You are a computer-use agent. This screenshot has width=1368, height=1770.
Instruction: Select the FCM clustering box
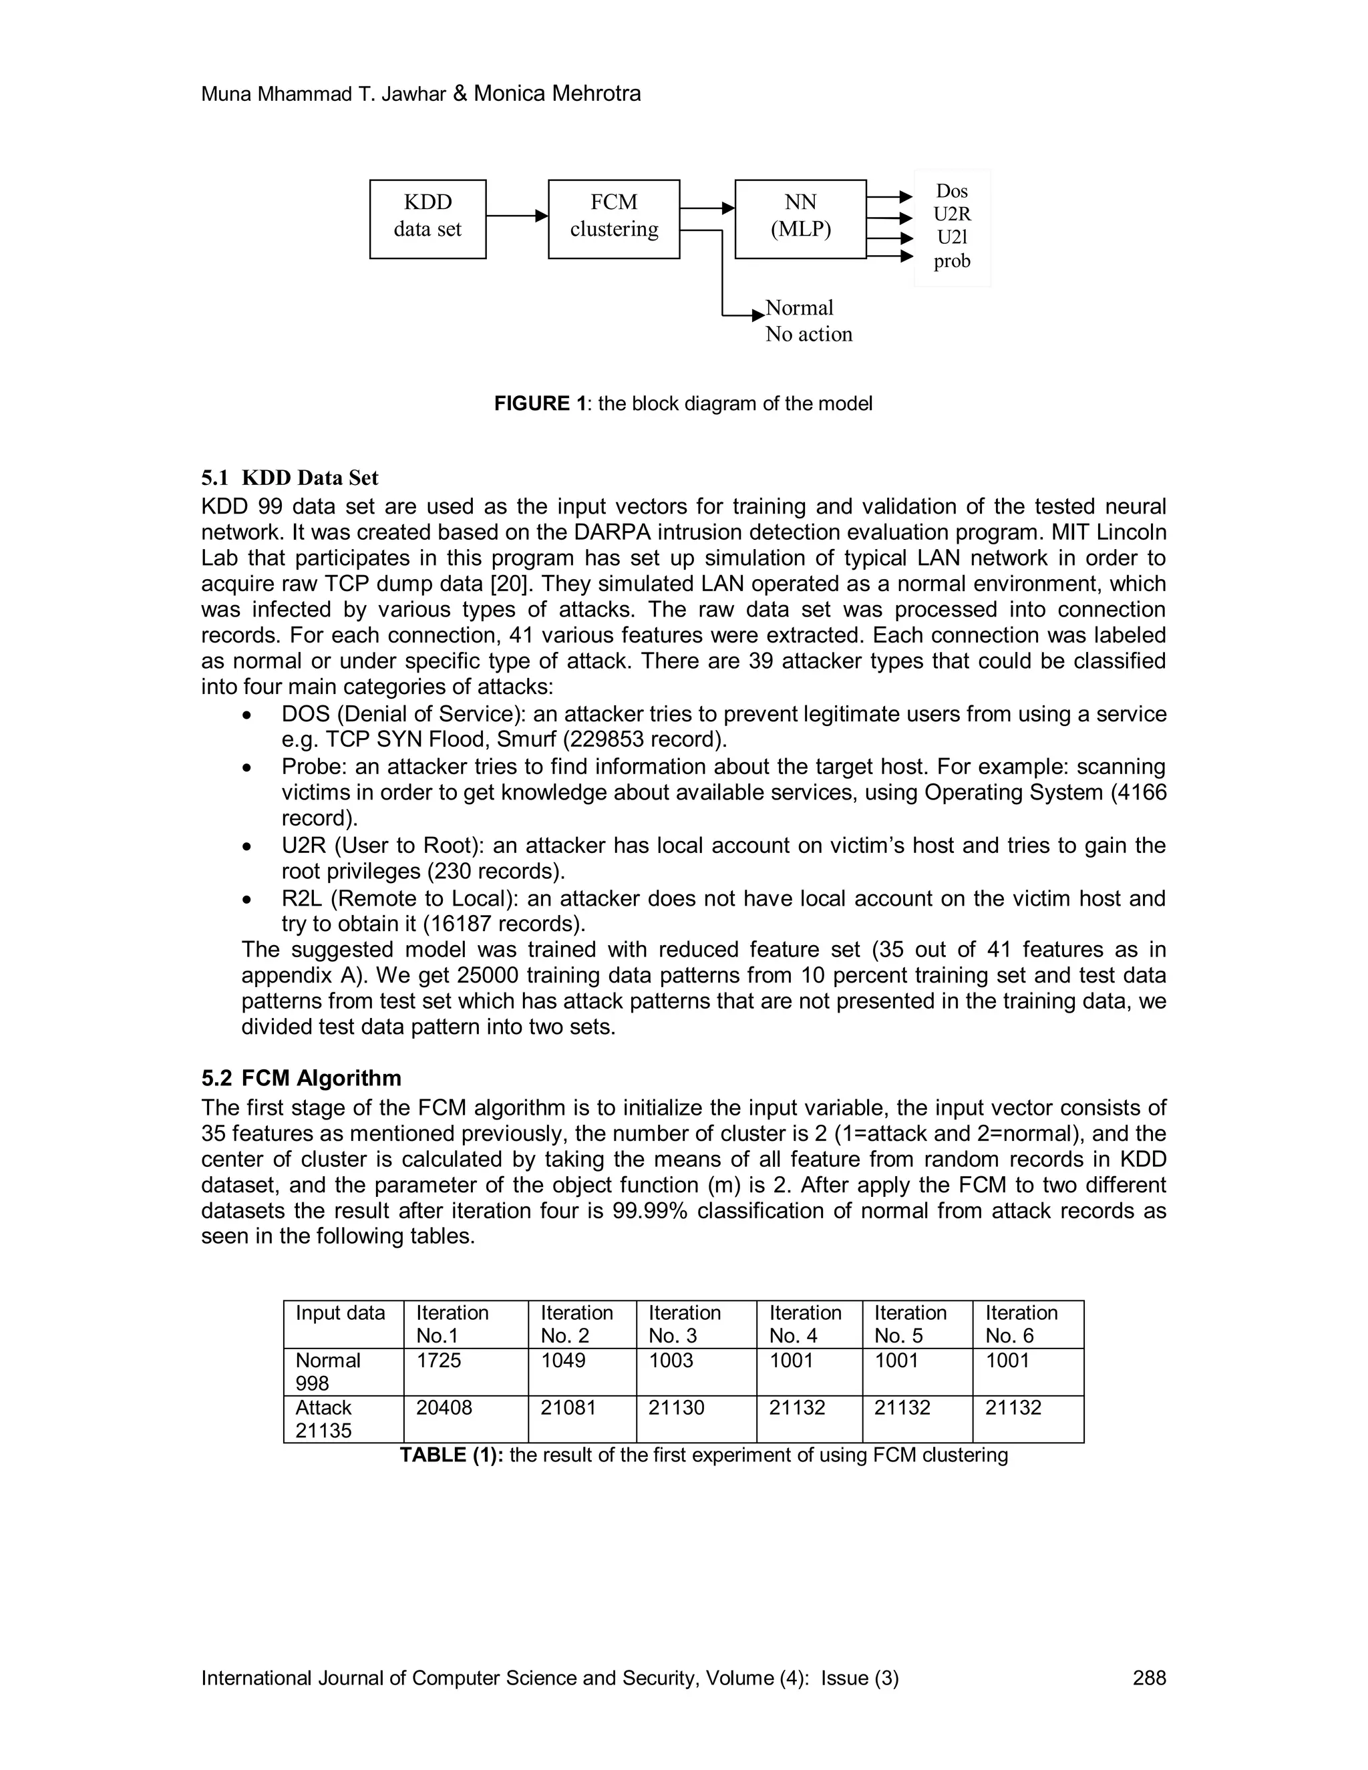coord(613,219)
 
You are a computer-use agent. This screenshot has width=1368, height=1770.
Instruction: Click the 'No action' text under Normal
coord(808,335)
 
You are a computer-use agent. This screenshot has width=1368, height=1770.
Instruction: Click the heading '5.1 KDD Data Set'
coord(289,478)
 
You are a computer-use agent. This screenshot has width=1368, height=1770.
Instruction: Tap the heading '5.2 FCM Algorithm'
coord(301,1078)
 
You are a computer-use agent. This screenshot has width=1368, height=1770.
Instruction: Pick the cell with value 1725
coord(438,1361)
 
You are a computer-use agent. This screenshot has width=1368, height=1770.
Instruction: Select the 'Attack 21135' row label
coord(324,1419)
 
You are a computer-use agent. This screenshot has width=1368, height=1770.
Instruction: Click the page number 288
coord(1148,1678)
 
